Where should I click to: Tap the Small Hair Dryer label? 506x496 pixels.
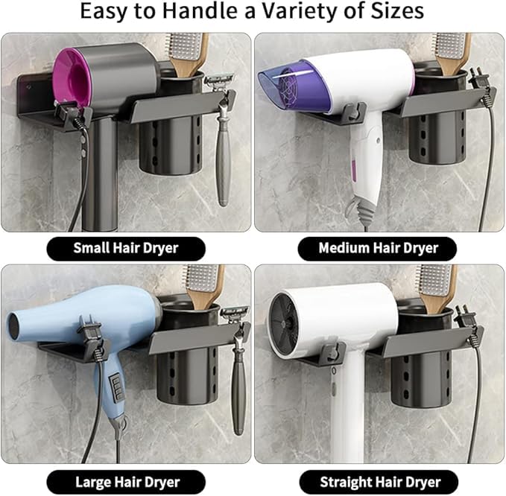click(126, 248)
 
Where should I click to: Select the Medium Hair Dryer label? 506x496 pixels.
click(379, 248)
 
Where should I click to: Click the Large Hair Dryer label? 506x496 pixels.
click(127, 483)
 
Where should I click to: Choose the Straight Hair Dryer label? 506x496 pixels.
click(380, 483)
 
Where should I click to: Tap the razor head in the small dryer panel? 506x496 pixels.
click(217, 83)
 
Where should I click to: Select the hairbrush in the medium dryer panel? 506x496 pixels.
click(451, 53)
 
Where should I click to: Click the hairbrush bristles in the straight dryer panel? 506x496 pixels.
click(433, 280)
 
